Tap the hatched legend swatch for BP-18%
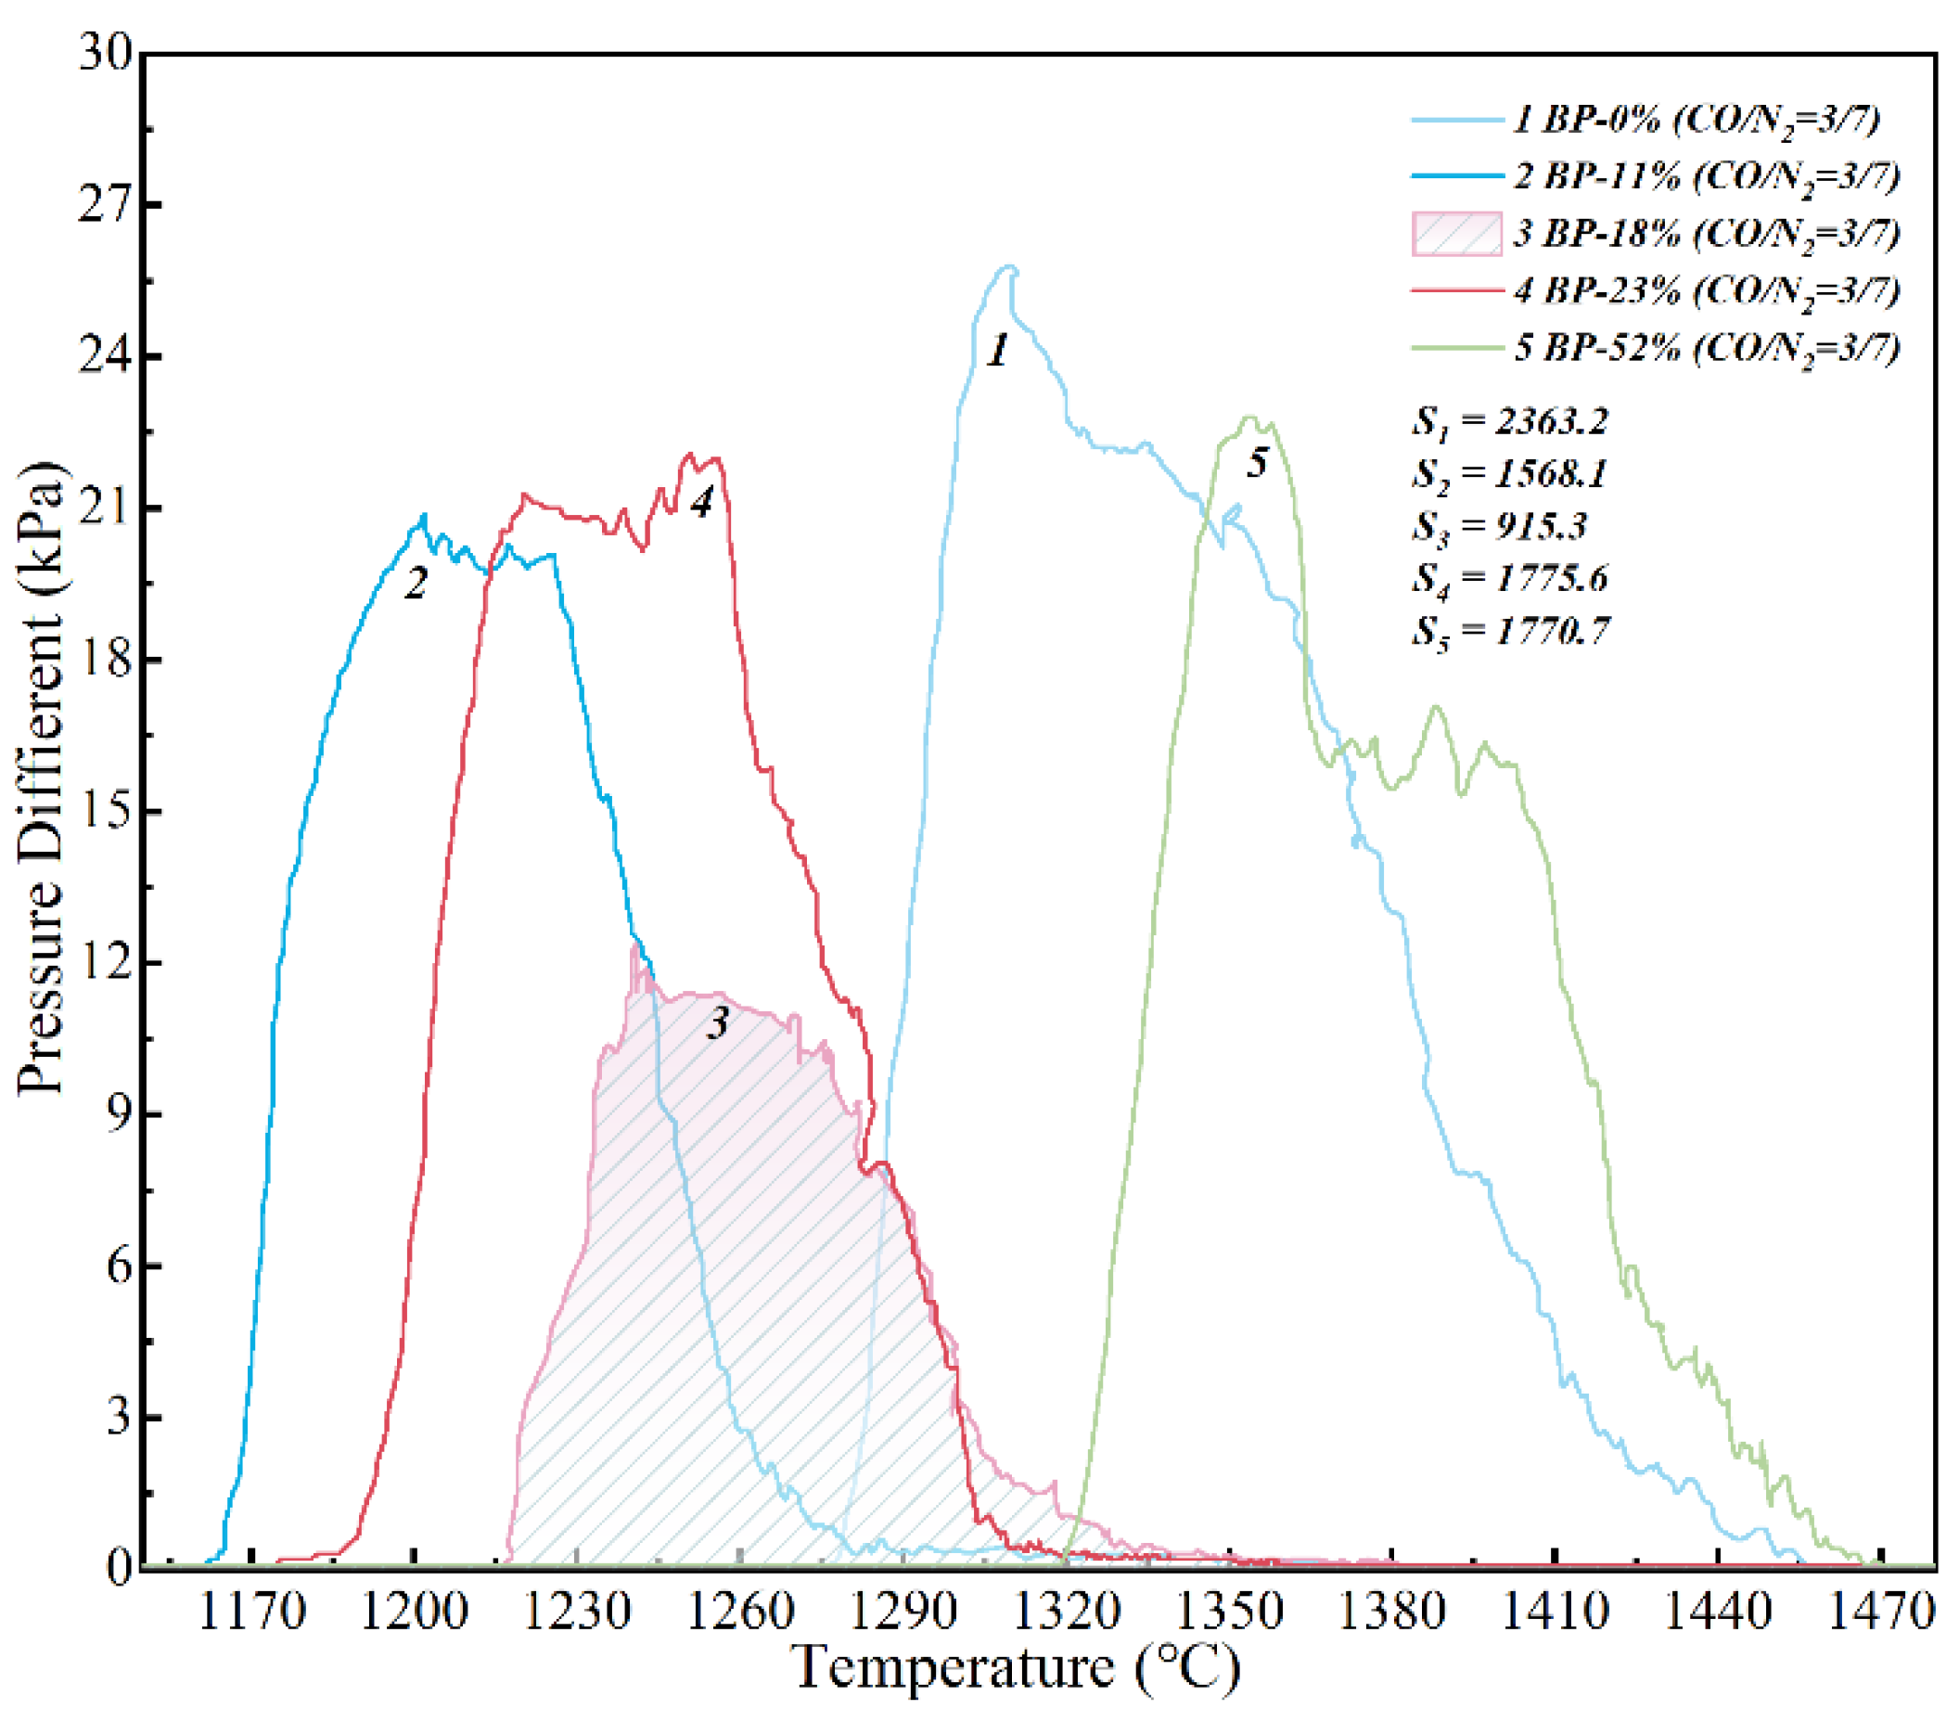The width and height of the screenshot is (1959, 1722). [x=1457, y=234]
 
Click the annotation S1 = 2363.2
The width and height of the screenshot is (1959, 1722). [x=1510, y=421]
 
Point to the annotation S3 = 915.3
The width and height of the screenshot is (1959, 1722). [x=1500, y=526]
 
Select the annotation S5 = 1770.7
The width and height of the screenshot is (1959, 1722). [x=1510, y=631]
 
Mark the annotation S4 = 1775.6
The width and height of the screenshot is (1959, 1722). [x=1510, y=578]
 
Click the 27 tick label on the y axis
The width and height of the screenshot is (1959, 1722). [x=105, y=204]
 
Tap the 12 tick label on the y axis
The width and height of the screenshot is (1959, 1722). [x=105, y=962]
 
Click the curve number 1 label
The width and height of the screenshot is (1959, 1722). [x=998, y=350]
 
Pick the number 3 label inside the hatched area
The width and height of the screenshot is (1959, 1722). [x=718, y=1024]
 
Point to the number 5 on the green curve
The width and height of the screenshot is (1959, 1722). [x=1258, y=463]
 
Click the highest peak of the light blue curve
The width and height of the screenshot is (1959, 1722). [x=1007, y=267]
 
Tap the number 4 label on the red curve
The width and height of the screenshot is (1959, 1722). [x=702, y=501]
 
